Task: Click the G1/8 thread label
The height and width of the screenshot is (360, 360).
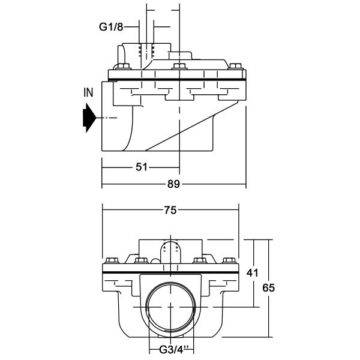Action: [111, 27]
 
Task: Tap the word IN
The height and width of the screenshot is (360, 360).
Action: [88, 92]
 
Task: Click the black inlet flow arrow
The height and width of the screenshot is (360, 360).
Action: [89, 118]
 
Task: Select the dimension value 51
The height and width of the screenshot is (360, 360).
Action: [141, 167]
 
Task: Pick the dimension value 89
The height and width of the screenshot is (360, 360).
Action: [173, 184]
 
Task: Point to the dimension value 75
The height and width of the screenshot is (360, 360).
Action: [170, 210]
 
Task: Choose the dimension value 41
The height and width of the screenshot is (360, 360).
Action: [253, 273]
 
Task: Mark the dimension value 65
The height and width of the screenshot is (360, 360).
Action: [268, 287]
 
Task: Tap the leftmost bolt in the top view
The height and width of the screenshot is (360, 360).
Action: [123, 67]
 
